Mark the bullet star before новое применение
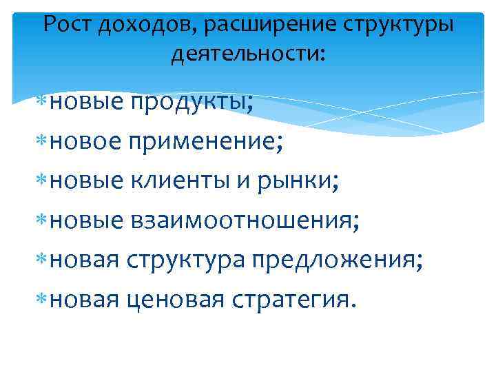(42, 143)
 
